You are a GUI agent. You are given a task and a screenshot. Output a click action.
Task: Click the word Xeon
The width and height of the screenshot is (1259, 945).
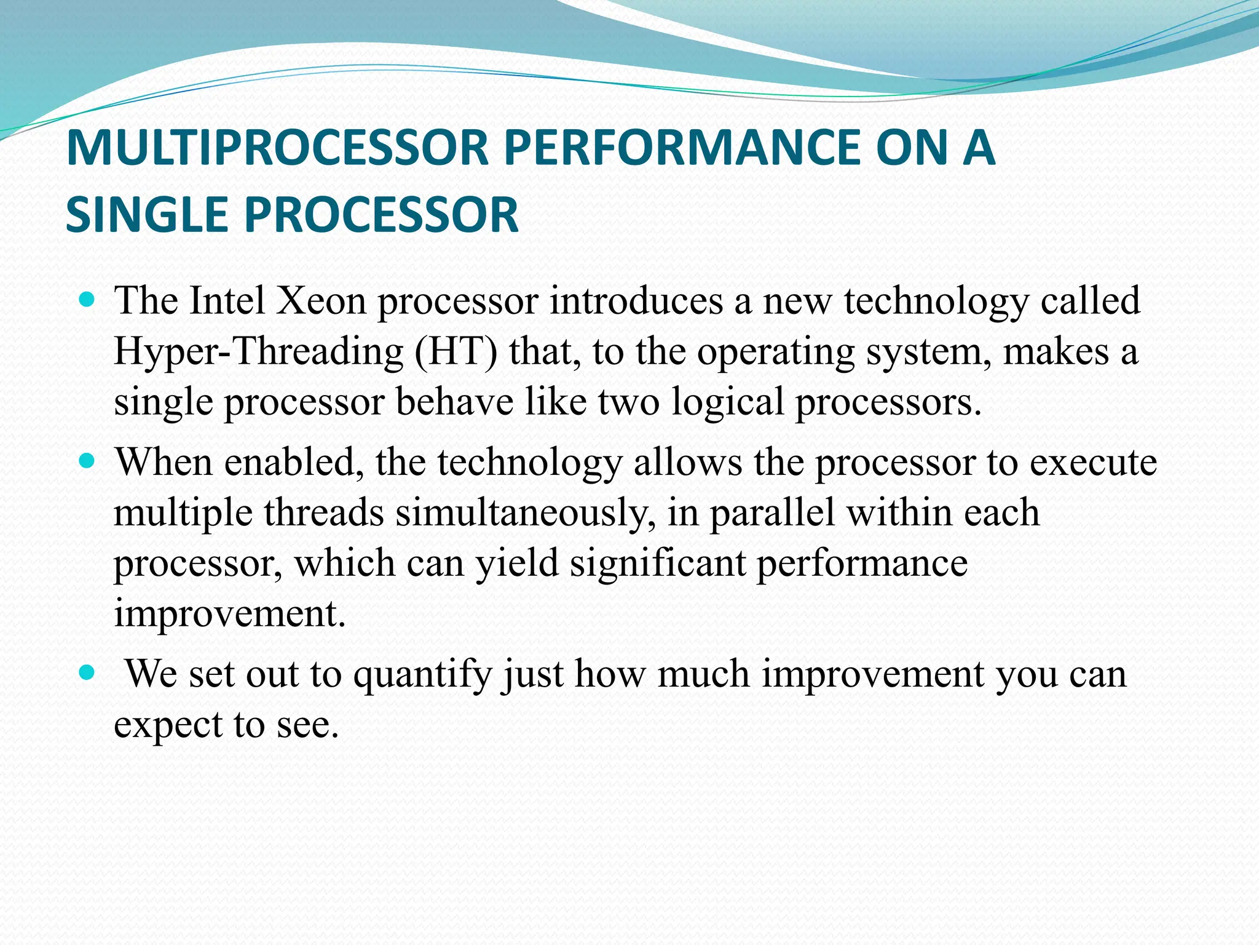pos(321,301)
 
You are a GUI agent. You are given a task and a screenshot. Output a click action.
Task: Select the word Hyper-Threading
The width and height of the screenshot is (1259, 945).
pos(258,352)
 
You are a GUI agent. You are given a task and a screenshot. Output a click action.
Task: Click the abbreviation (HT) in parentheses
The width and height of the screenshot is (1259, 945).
pos(455,352)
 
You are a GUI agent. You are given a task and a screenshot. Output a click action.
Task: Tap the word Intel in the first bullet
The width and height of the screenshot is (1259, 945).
pos(227,301)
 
